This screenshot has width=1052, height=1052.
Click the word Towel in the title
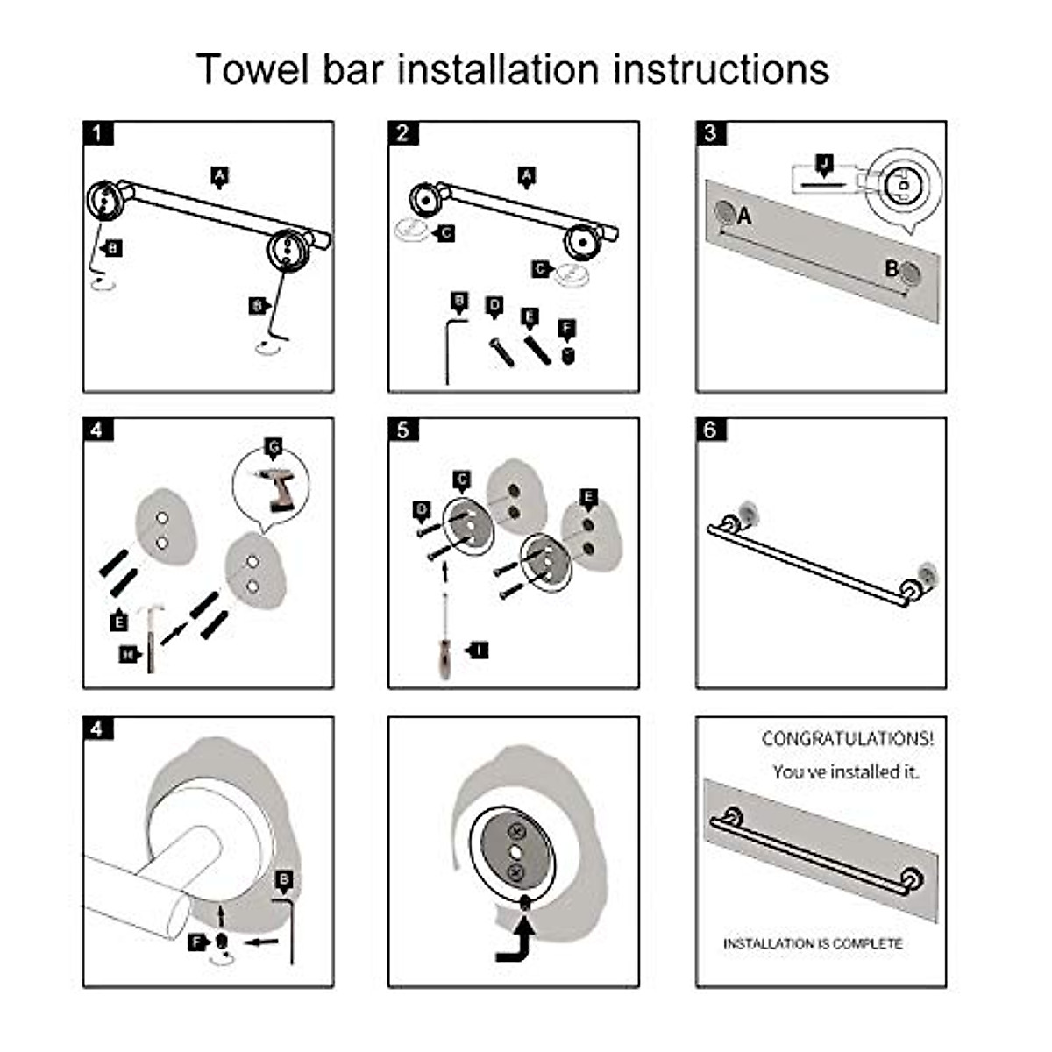(x=252, y=70)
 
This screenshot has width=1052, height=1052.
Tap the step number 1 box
(x=98, y=133)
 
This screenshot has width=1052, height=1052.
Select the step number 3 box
(x=710, y=133)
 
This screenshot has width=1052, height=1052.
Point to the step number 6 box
(x=710, y=430)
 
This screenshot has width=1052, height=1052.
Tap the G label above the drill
(x=274, y=449)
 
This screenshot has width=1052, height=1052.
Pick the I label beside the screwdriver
(x=478, y=650)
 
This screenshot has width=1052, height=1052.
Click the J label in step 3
(x=823, y=163)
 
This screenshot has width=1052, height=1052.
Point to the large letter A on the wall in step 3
(x=744, y=215)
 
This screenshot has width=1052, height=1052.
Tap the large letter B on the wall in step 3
(x=891, y=268)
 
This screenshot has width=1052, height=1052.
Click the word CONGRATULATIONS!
(x=847, y=739)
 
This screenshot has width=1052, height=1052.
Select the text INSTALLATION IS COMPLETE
(x=812, y=943)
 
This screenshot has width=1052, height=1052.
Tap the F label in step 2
(x=567, y=330)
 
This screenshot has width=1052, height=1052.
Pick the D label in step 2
(x=494, y=306)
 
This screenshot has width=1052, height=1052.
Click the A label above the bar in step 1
(x=220, y=176)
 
